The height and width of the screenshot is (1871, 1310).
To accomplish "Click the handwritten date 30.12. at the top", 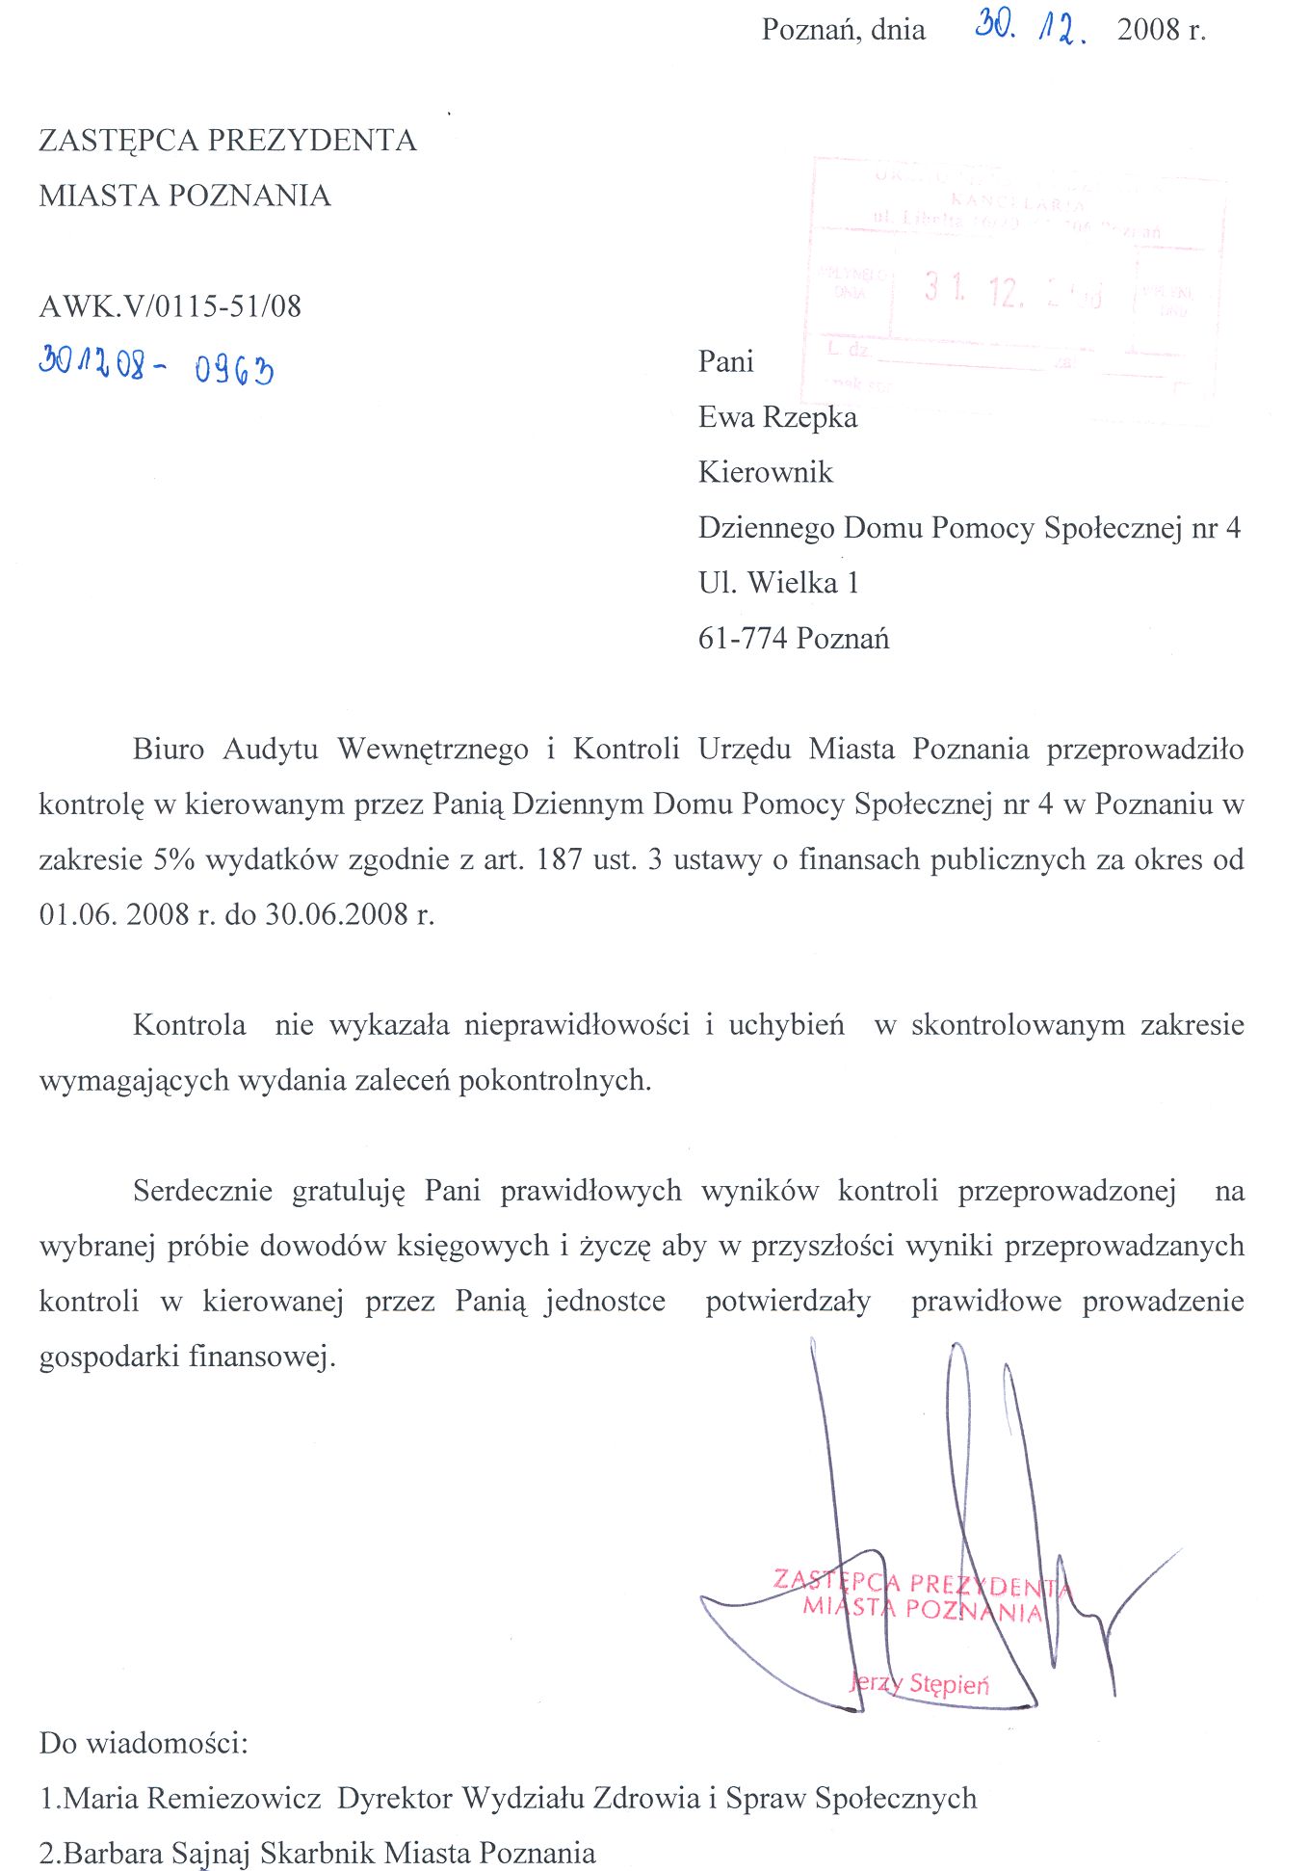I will [x=1031, y=28].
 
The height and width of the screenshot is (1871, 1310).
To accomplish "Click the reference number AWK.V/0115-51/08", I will [x=170, y=306].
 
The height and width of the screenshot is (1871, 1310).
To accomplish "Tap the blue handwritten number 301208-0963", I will [x=156, y=366].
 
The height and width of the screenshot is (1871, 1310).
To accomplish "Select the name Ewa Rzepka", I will [x=777, y=417].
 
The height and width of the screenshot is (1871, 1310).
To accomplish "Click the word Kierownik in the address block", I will [x=766, y=472].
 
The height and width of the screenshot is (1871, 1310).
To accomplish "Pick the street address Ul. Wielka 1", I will [x=778, y=583].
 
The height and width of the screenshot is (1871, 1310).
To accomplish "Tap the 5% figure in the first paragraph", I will [x=174, y=859].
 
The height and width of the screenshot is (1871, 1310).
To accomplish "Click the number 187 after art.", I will [x=560, y=859].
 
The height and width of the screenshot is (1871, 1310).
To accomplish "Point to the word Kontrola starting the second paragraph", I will [x=190, y=1024].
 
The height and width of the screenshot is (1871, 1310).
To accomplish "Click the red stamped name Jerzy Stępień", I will [x=920, y=1684].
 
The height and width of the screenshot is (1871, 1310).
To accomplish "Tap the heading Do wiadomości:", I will [x=144, y=1743].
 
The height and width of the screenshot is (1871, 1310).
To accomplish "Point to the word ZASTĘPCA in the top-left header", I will [x=118, y=141].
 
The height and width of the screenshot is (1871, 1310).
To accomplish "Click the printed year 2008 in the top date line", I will [x=1149, y=30].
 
